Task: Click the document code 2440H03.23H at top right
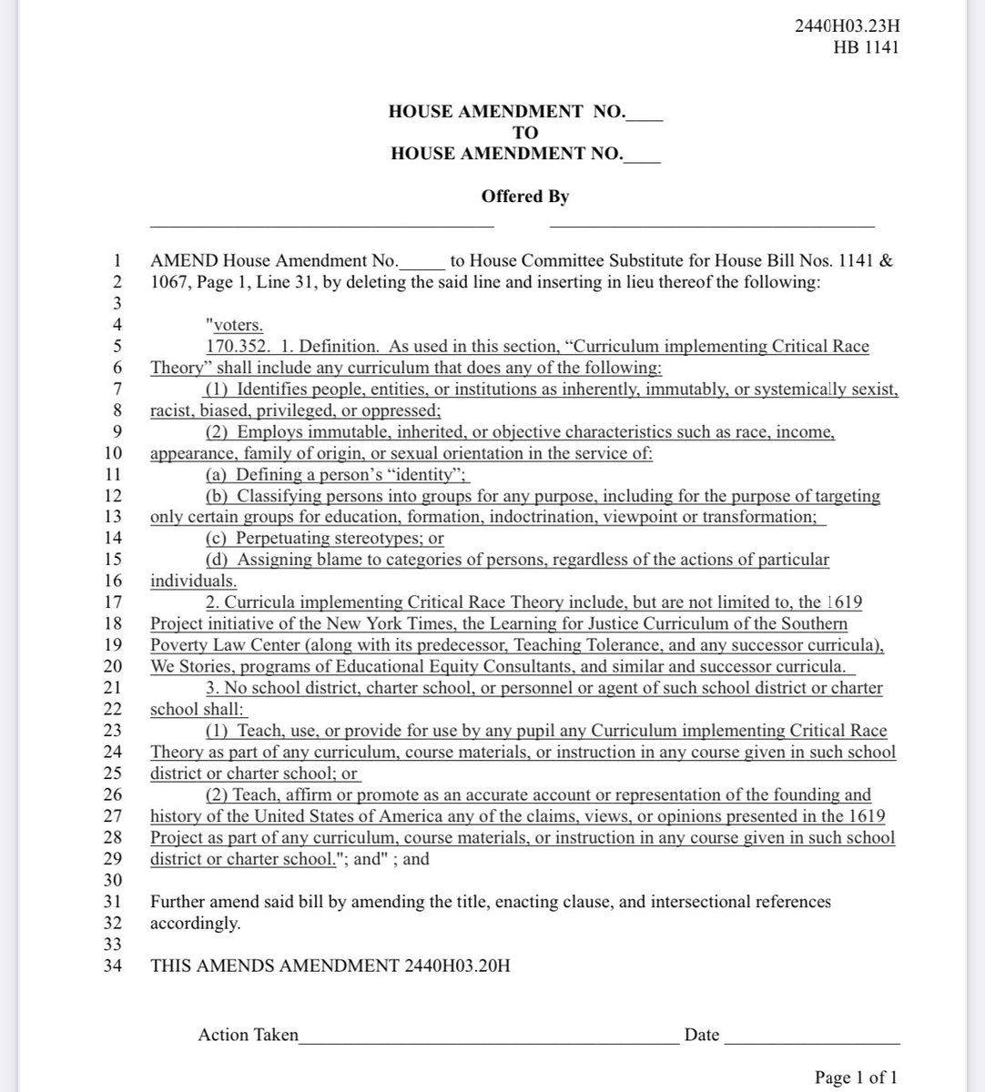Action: pos(847,25)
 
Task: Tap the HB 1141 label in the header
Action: pos(865,46)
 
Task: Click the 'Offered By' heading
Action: pos(525,196)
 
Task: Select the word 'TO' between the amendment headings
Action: pos(525,133)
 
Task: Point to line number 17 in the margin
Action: pos(113,602)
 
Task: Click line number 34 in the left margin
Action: pos(113,965)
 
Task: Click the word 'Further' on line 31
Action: pos(178,902)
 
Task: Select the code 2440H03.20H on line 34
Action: pos(455,965)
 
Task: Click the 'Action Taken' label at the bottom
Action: pos(248,1035)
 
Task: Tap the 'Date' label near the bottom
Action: pos(701,1035)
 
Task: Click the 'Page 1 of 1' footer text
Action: pos(857,1077)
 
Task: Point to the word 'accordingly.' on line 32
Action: pos(195,923)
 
